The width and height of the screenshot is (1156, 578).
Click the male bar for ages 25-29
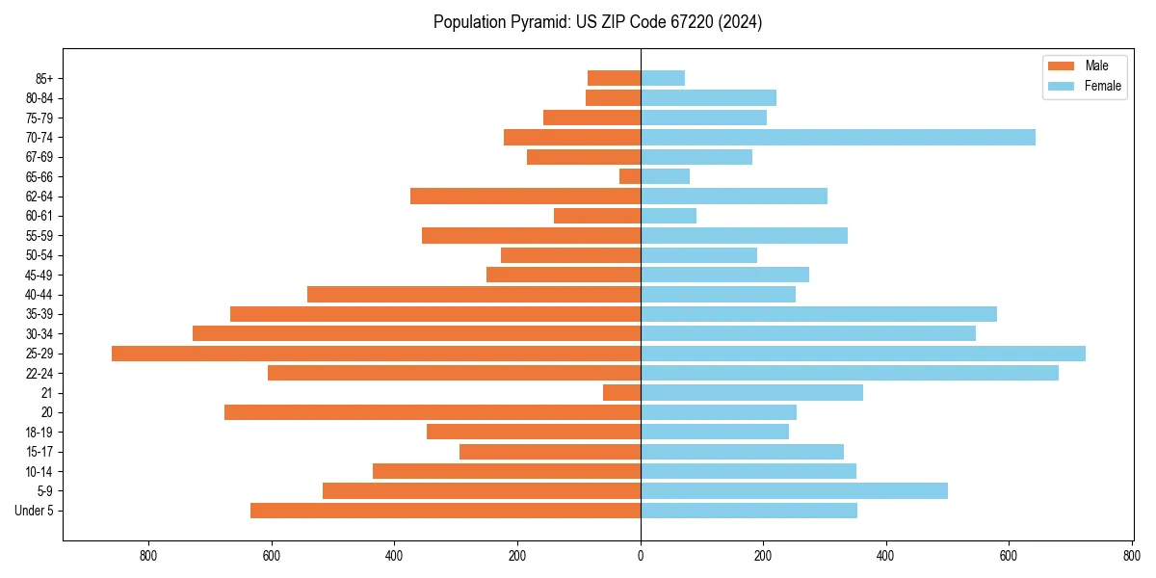coord(376,354)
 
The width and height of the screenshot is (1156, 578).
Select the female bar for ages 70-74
coord(838,138)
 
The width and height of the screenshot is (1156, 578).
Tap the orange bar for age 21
coord(622,393)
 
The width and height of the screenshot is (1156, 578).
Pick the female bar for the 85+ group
coord(663,78)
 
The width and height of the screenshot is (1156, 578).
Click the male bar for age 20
coord(433,412)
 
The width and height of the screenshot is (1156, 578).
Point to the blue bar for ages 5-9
coord(795,491)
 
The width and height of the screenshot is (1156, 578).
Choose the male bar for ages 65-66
coord(630,176)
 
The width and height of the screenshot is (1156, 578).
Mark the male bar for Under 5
coord(445,511)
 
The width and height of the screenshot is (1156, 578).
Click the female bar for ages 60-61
coord(669,216)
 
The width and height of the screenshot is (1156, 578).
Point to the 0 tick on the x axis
coord(641,556)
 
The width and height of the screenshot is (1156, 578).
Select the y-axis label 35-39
coord(39,314)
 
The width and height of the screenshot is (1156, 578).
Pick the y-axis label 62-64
coord(39,197)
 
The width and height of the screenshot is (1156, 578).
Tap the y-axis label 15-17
coord(39,452)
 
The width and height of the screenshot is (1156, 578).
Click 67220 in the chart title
coord(689,22)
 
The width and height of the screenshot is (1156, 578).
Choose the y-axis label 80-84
coord(39,98)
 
